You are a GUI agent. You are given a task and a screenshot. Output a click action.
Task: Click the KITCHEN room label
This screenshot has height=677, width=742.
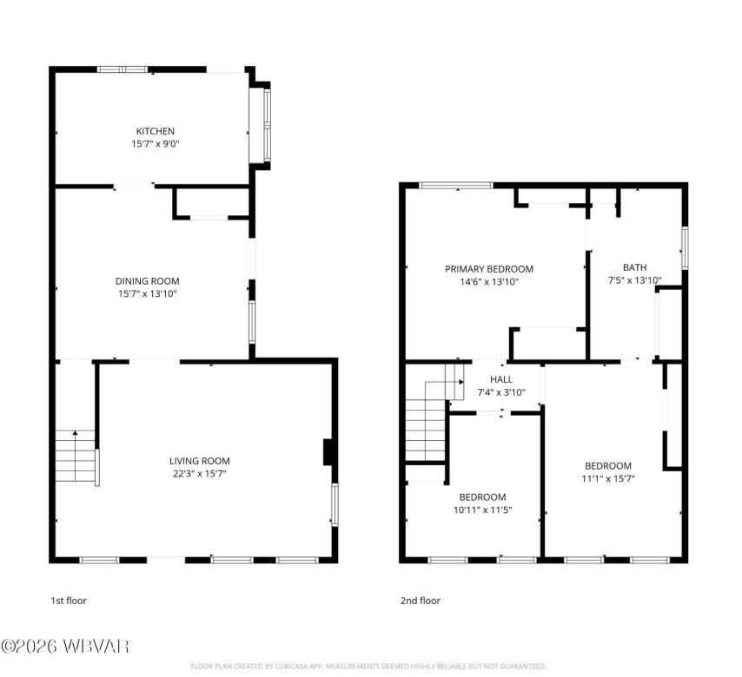click(x=155, y=131)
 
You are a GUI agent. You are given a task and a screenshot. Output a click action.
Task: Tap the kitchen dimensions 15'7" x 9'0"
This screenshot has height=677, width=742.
click(x=155, y=144)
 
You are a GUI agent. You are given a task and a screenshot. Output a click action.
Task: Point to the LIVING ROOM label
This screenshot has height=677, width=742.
click(x=199, y=460)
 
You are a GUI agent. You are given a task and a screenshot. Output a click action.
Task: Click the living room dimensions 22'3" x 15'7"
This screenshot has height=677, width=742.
click(x=199, y=473)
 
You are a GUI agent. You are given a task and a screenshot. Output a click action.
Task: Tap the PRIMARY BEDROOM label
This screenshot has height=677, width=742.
click(x=489, y=269)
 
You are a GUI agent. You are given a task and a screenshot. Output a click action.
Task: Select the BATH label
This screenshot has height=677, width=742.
click(x=634, y=267)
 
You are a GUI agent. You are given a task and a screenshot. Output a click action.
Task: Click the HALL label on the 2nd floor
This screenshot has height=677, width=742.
click(x=500, y=379)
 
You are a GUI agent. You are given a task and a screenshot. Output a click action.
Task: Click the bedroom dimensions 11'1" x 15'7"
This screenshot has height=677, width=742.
click(x=607, y=478)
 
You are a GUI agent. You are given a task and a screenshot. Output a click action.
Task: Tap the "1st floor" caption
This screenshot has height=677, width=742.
click(x=68, y=601)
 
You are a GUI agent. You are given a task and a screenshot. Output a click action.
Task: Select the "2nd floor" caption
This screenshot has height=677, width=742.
click(x=421, y=601)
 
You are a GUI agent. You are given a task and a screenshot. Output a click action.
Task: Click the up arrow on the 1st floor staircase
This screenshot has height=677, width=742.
click(x=76, y=433)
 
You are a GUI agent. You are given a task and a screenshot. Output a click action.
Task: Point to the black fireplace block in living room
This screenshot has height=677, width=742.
click(x=328, y=453)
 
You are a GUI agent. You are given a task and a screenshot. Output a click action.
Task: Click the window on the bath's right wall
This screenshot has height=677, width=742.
click(x=685, y=247)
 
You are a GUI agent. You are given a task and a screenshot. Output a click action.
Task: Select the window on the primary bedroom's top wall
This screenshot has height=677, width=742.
click(x=455, y=185)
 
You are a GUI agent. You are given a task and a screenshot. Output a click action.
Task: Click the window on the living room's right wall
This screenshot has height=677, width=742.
click(x=335, y=504)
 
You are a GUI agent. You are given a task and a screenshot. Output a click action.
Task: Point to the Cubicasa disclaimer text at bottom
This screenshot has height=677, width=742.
click(x=368, y=667)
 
